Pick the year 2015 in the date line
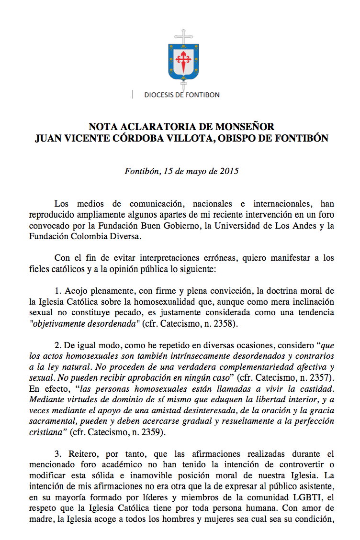pos(229,171)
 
